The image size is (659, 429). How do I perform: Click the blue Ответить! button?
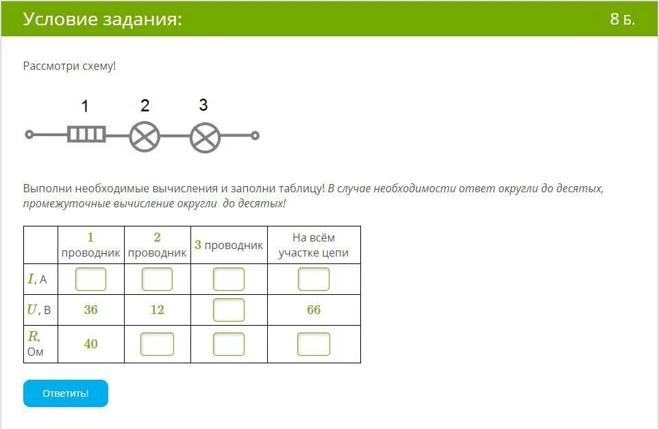tap(66, 393)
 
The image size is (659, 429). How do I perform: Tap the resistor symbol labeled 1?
tap(86, 134)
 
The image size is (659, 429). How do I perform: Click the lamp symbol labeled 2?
tap(145, 137)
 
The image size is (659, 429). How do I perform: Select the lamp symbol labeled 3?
tap(205, 138)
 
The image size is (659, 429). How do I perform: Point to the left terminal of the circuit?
tap(29, 135)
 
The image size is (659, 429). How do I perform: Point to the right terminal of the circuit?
tap(255, 135)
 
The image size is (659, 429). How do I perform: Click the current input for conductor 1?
tap(91, 279)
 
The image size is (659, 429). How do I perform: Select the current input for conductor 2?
tap(157, 279)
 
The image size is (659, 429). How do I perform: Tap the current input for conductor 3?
tap(229, 279)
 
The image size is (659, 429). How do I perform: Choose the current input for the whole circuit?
tap(314, 279)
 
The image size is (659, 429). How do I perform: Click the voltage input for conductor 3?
tap(229, 310)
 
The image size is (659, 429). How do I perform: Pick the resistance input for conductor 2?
tap(157, 344)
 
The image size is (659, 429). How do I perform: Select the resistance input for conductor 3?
tap(229, 344)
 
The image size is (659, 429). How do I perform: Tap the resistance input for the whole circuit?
tap(314, 344)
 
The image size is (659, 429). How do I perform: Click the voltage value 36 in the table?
tap(91, 310)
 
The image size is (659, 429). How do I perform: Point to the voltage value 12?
tap(157, 310)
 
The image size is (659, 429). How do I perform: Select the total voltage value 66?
tap(314, 310)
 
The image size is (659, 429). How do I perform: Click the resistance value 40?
tap(91, 344)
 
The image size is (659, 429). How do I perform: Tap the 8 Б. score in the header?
tap(623, 19)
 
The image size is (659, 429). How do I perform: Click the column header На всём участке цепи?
tap(314, 245)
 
